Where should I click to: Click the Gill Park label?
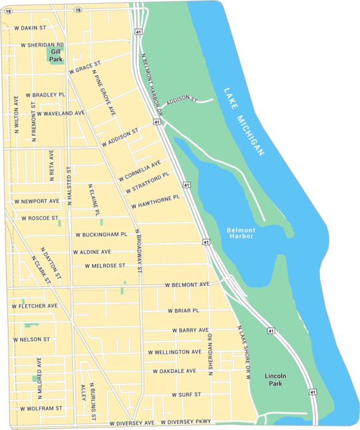point(56,56)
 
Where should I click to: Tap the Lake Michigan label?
point(244,121)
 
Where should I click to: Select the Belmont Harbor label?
point(241,233)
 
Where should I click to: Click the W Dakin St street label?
point(29,28)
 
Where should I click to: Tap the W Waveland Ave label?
point(61,113)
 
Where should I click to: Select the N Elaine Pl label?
point(93,200)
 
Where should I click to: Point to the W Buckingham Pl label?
point(101,234)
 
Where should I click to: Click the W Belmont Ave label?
point(187,284)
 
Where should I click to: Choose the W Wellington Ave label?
point(174,352)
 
